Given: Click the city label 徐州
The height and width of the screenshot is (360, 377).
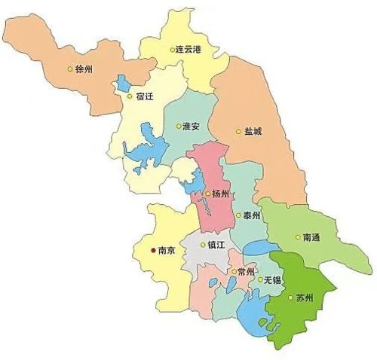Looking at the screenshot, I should click(84, 69).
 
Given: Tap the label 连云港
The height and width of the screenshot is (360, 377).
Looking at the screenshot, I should click(189, 48).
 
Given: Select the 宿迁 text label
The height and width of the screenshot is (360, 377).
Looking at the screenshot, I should click(144, 96).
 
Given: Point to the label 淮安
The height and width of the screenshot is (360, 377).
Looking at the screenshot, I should click(192, 127).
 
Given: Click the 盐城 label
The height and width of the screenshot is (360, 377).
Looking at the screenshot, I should click(253, 131).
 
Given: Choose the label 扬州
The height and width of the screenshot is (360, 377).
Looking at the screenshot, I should click(220, 194).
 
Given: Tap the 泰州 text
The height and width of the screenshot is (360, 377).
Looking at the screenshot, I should click(252, 215).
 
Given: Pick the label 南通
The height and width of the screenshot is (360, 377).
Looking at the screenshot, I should click(311, 237).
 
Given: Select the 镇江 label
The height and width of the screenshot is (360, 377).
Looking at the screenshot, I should click(216, 244).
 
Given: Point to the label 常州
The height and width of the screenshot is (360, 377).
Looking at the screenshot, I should click(247, 272).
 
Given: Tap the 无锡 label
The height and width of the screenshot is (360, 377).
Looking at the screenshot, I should click(272, 280).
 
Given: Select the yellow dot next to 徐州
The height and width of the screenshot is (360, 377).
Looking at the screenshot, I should click(70, 69).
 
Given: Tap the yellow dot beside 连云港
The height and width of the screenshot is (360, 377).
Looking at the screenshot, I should click(172, 49).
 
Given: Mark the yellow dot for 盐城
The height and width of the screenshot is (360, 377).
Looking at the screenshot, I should click(239, 131).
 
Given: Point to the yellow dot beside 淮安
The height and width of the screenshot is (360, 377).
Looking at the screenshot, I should click(178, 127).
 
